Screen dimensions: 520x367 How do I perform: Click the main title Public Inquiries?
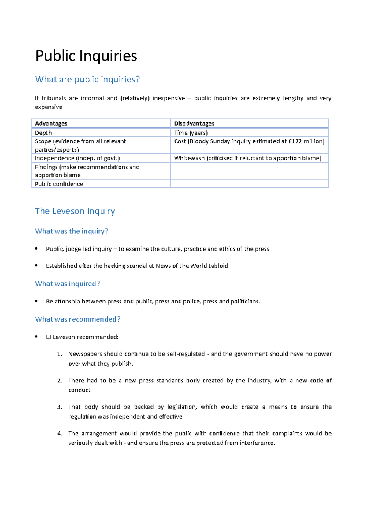pos(86,56)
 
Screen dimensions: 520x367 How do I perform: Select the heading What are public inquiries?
pos(87,79)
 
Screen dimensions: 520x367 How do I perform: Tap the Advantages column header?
pos(51,123)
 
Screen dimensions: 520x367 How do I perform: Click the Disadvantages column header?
pos(194,123)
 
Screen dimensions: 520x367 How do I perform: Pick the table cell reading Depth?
pos(43,133)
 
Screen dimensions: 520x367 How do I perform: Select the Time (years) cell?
pos(191,133)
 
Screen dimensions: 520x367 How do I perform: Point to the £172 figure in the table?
pos(295,141)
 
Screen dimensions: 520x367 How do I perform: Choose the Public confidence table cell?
pos(59,184)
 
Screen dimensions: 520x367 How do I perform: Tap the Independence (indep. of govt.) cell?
pos(77,158)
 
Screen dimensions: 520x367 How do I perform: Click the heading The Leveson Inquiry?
pos(75,211)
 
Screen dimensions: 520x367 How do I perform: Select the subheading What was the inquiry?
pos(72,231)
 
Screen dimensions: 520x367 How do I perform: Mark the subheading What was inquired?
pos(68,284)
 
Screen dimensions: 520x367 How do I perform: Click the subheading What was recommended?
pos(78,319)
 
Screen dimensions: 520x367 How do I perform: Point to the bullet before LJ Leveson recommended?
pos(36,337)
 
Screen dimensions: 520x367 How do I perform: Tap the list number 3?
pos(59,407)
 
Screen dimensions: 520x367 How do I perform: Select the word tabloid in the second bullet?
pos(218,266)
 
